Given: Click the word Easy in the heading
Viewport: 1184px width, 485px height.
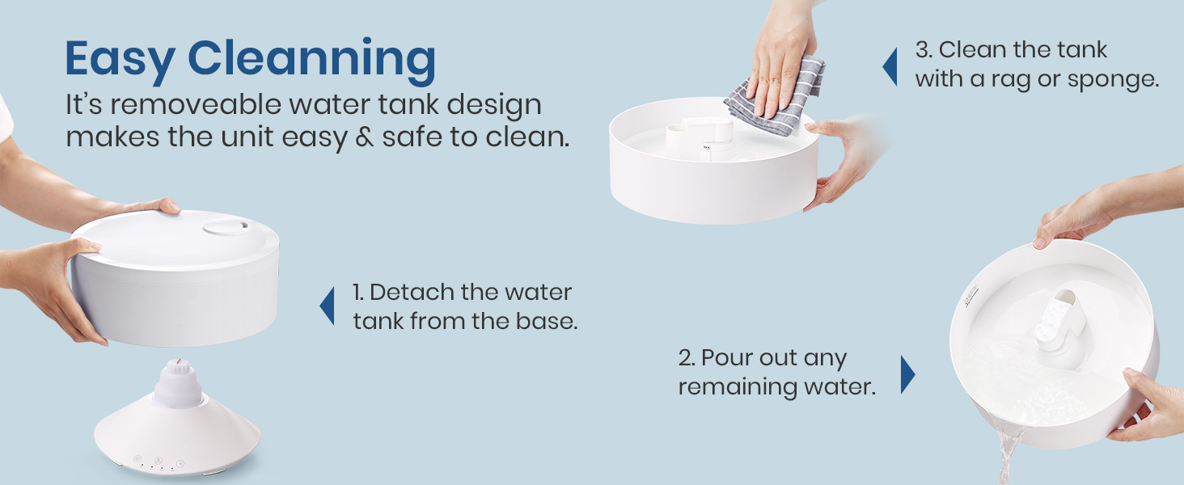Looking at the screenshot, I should click(x=120, y=58).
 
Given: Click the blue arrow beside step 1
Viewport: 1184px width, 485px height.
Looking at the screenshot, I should click(x=327, y=306).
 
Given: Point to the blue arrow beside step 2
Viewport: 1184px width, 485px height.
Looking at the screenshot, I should click(x=907, y=373).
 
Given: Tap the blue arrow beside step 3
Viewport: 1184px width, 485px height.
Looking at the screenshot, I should click(x=890, y=65).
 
